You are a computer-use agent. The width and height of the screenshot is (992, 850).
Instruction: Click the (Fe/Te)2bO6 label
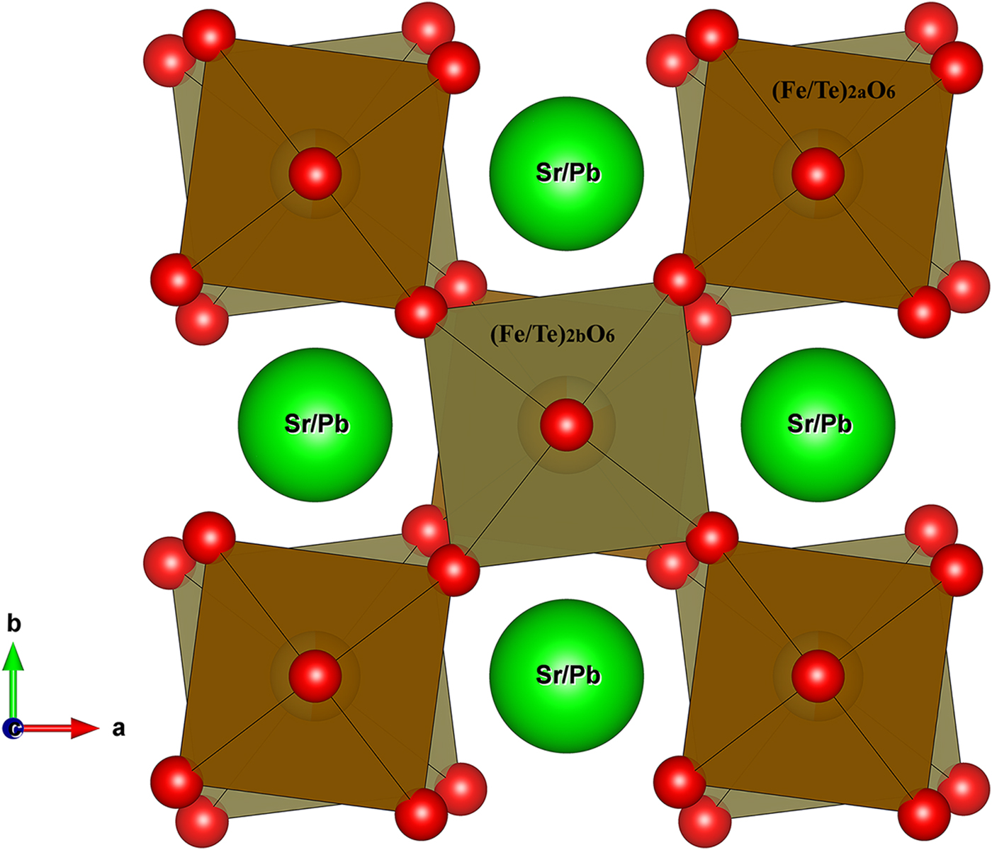tap(552, 334)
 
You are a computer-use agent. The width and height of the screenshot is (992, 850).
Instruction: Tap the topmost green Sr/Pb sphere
tap(567, 174)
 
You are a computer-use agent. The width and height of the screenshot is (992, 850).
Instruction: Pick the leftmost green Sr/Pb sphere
tap(315, 424)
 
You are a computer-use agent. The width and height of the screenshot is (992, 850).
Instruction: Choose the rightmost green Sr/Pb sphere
tap(818, 424)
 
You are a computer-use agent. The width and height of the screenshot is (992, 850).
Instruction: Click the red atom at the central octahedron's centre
tap(567, 425)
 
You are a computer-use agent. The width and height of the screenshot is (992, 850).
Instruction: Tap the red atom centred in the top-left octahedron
tap(315, 174)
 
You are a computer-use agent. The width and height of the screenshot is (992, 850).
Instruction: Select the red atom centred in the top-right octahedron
tap(818, 174)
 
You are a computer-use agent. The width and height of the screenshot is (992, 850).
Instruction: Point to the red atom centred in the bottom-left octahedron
tap(315, 676)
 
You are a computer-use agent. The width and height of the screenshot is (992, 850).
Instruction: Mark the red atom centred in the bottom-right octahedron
tap(818, 676)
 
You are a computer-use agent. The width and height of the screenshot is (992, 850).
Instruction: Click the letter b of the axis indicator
tap(13, 623)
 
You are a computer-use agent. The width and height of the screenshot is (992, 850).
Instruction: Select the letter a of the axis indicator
tap(118, 728)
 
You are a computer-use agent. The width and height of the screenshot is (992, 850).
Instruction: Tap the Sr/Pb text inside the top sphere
tap(568, 173)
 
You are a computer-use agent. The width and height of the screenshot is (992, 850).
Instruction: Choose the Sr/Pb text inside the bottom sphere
tap(568, 675)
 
